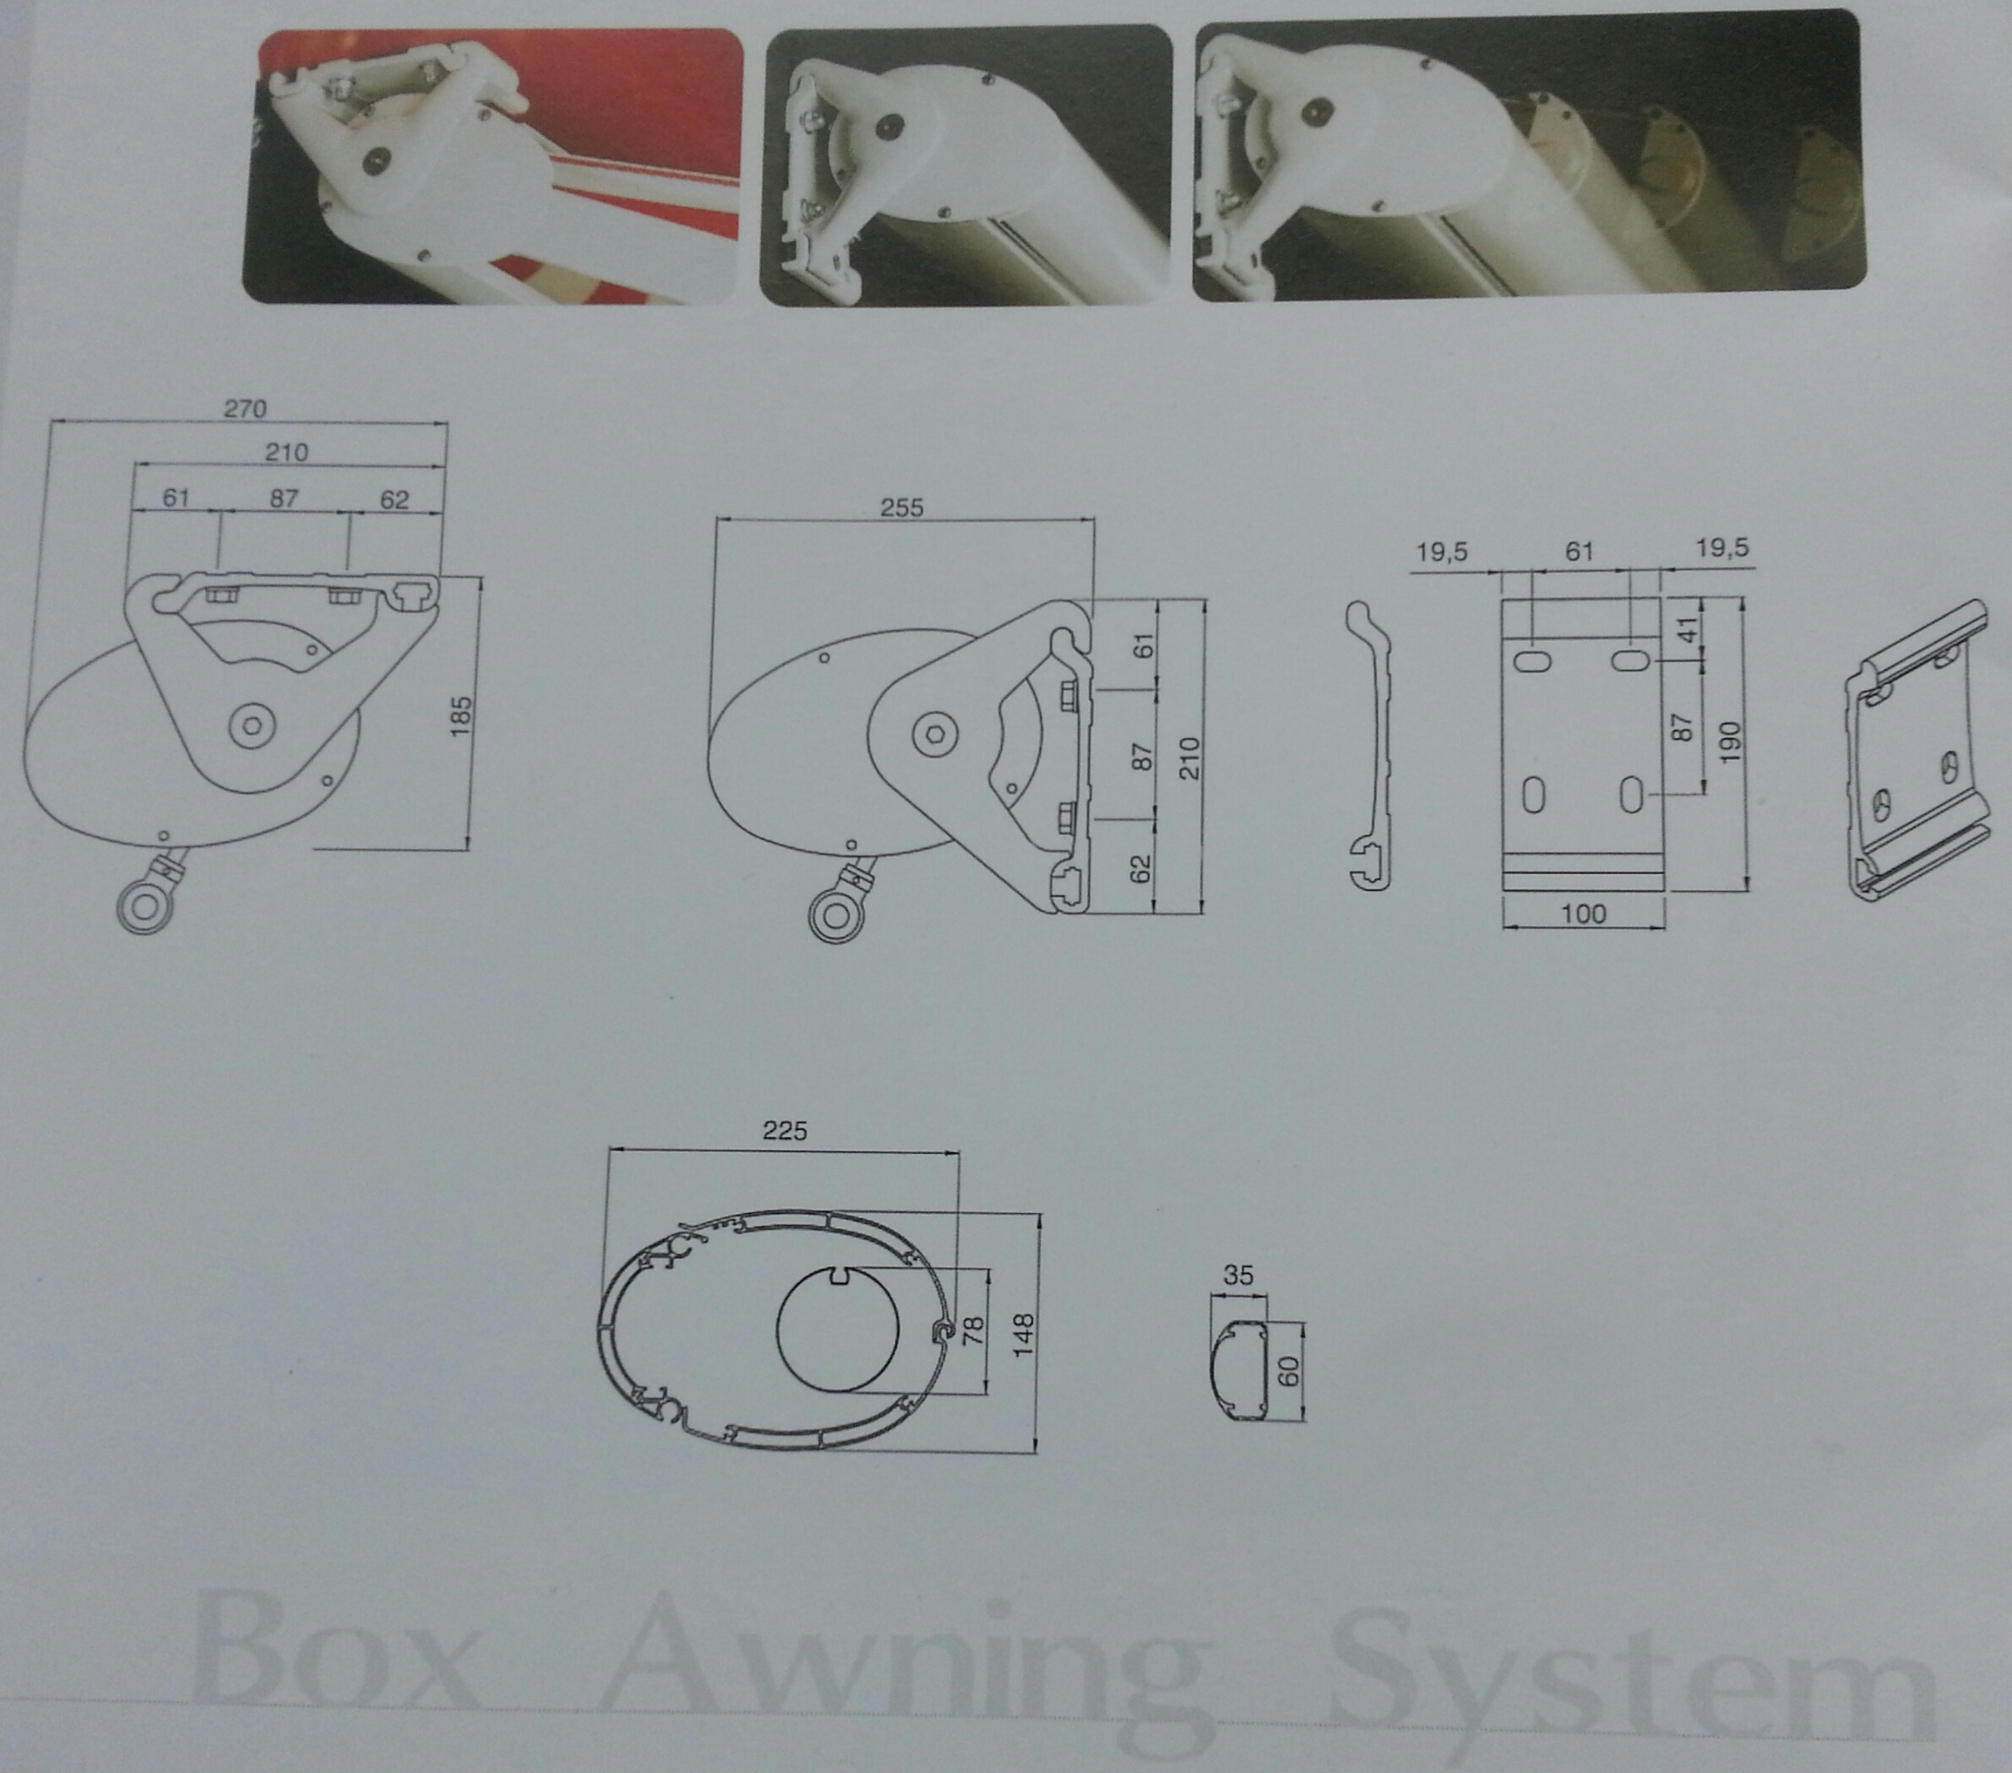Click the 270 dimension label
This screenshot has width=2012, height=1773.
click(245, 408)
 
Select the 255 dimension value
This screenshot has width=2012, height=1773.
click(901, 507)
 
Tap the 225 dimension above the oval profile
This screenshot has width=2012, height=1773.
click(785, 1130)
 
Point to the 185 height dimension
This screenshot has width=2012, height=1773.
click(460, 715)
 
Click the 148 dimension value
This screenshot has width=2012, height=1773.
click(1023, 1335)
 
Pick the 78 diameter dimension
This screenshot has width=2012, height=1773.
click(971, 1333)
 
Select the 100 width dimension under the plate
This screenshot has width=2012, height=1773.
click(1583, 914)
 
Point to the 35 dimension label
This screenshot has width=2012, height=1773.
click(1238, 1275)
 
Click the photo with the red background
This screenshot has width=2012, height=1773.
click(493, 165)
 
